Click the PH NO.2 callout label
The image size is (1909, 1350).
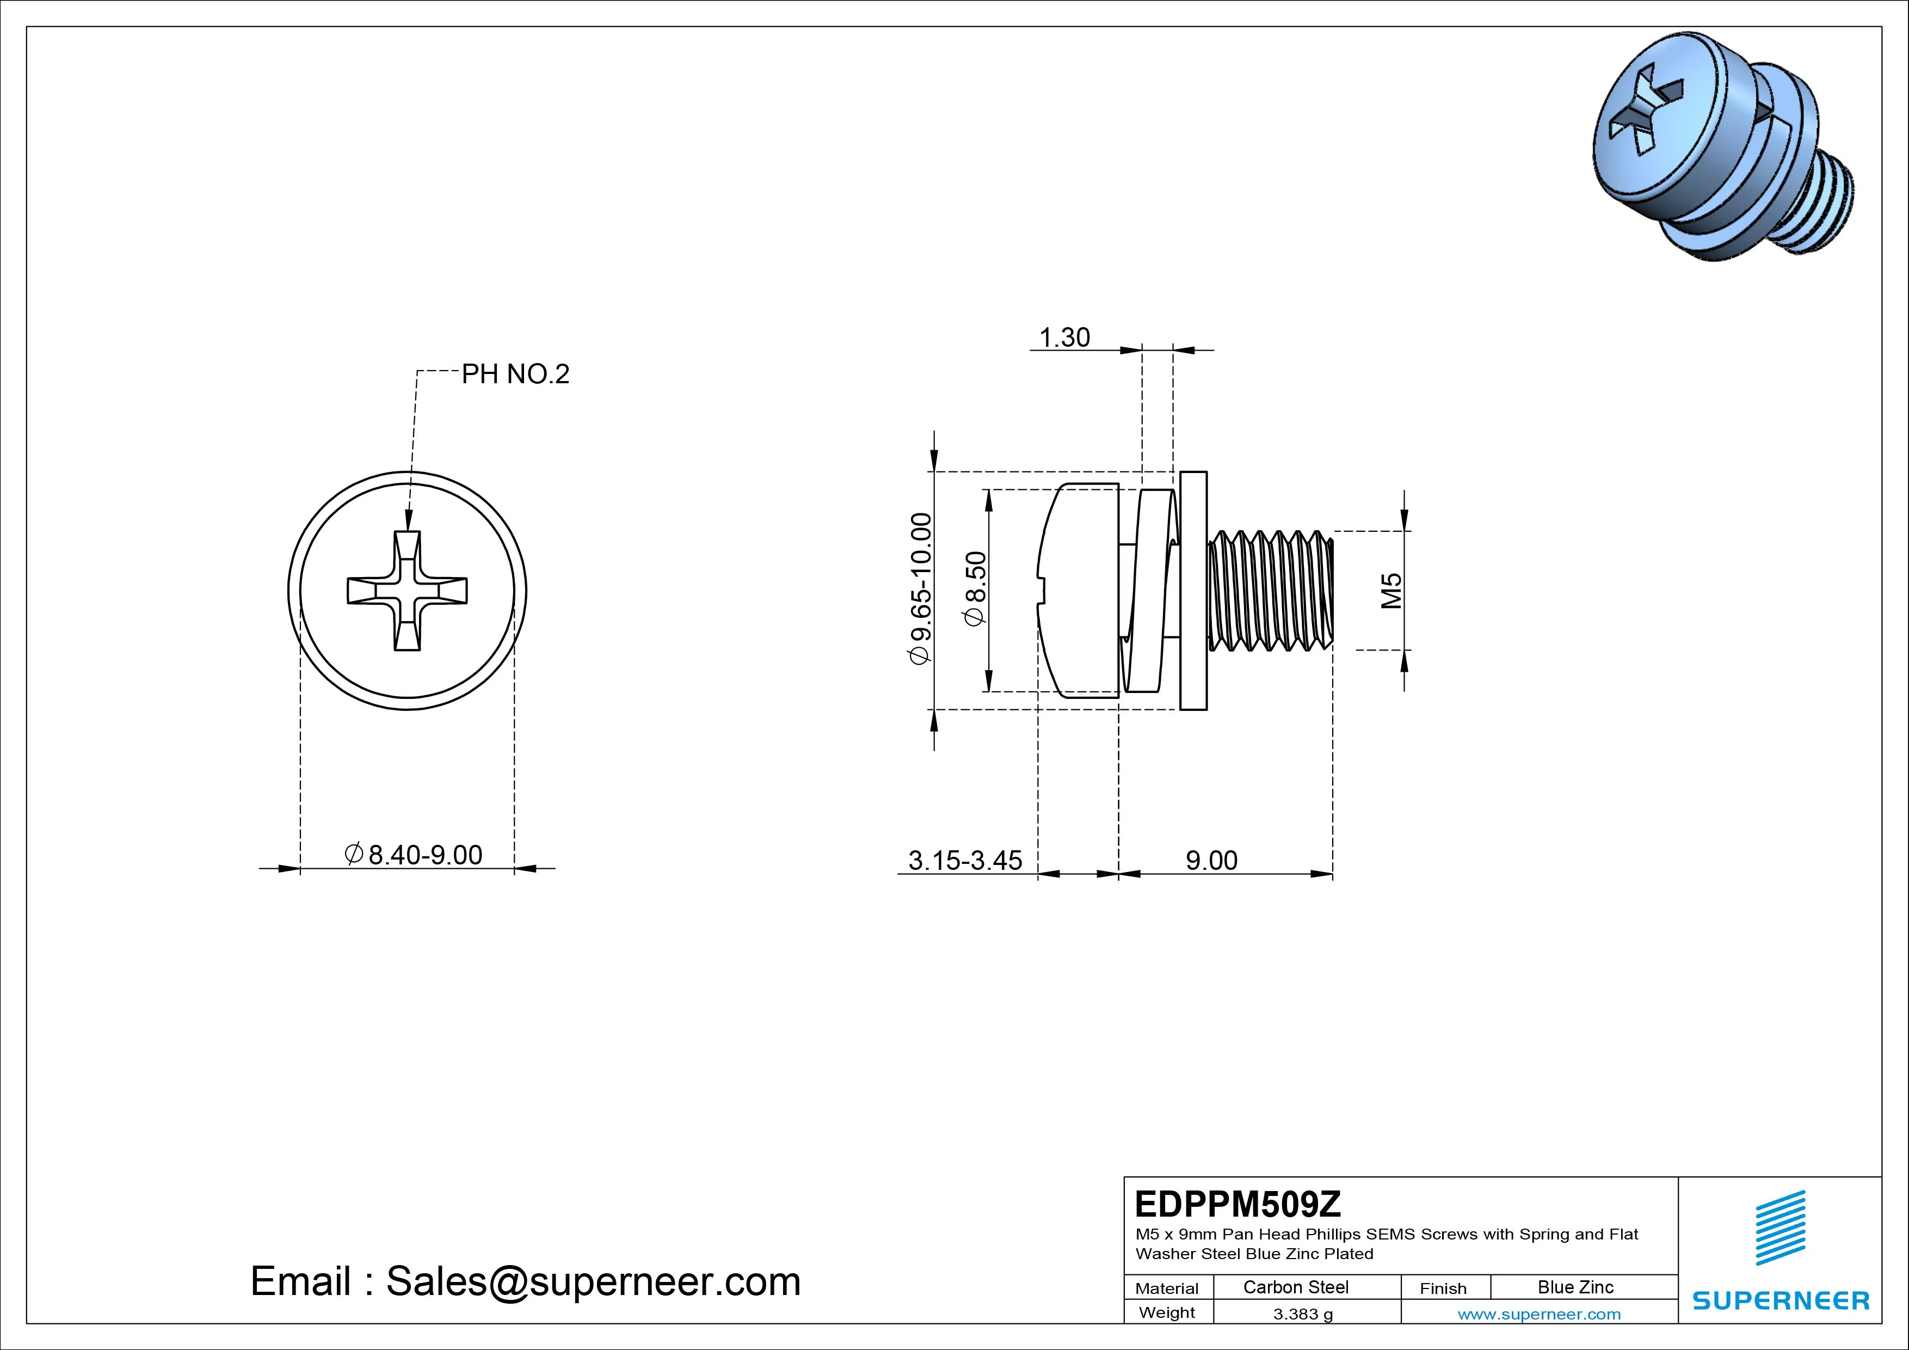click(515, 375)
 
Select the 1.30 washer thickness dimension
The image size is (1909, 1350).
click(1064, 337)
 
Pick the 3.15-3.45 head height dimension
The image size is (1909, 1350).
click(964, 860)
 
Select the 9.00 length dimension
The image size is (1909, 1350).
click(1211, 860)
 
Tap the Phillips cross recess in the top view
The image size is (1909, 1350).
click(407, 591)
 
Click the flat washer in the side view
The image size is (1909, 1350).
click(1193, 591)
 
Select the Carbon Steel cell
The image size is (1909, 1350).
click(1295, 1287)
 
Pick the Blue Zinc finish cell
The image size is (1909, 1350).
click(1575, 1287)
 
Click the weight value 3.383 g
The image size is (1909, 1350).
click(1303, 1314)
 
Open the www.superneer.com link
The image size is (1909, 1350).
click(1538, 1314)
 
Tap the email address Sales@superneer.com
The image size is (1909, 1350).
click(593, 1281)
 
